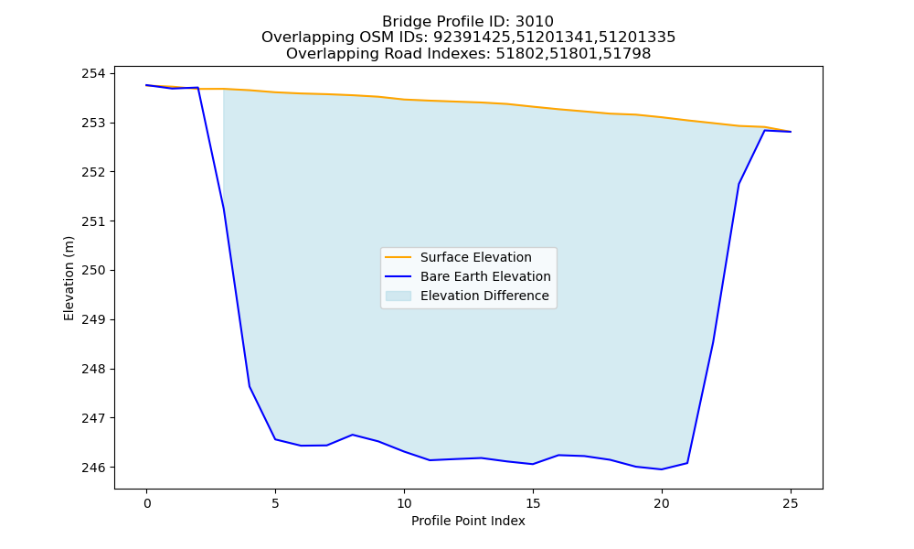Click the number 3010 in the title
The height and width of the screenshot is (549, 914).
click(x=534, y=22)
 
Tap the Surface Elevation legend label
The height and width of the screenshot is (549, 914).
click(x=475, y=257)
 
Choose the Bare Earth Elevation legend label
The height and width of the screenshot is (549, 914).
click(x=485, y=276)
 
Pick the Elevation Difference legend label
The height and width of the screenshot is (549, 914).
click(x=484, y=296)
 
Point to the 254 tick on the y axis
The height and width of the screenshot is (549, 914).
click(x=93, y=73)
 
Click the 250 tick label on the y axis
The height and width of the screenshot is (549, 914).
click(x=93, y=271)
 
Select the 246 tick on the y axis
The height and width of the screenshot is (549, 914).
click(x=93, y=468)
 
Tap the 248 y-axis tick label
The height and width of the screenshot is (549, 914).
click(x=93, y=369)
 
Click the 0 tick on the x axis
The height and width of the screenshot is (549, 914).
click(x=147, y=503)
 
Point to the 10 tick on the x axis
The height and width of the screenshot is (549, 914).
click(x=404, y=503)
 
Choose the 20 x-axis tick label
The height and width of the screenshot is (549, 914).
click(x=662, y=503)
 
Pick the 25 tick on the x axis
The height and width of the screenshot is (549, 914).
click(x=791, y=503)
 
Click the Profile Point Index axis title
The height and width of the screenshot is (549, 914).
click(x=468, y=521)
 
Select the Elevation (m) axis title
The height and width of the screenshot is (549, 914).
click(x=69, y=278)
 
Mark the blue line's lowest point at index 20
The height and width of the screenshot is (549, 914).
click(x=662, y=469)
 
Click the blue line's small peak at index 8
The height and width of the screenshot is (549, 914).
click(x=353, y=435)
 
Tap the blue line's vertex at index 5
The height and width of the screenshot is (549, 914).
click(x=275, y=439)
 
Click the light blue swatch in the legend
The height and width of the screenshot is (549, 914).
click(x=399, y=296)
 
